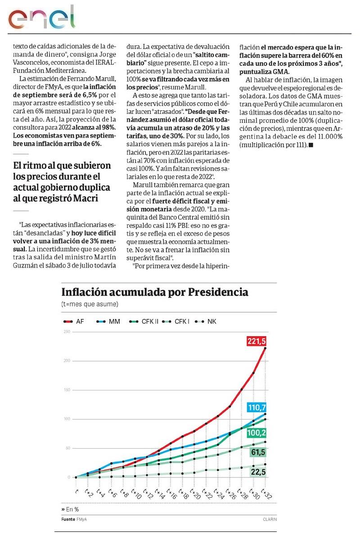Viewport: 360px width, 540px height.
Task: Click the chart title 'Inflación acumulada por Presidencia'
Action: [154, 292]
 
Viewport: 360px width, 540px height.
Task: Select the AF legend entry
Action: [75, 321]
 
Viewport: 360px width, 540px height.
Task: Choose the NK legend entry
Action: [207, 321]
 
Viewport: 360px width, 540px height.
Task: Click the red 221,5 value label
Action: [257, 342]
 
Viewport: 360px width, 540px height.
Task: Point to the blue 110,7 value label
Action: [257, 408]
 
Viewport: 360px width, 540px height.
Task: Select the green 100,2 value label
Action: [257, 433]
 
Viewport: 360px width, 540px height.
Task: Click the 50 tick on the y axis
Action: [68, 448]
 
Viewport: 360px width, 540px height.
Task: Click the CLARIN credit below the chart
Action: [270, 519]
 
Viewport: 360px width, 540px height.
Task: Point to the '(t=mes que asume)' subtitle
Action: [90, 304]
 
